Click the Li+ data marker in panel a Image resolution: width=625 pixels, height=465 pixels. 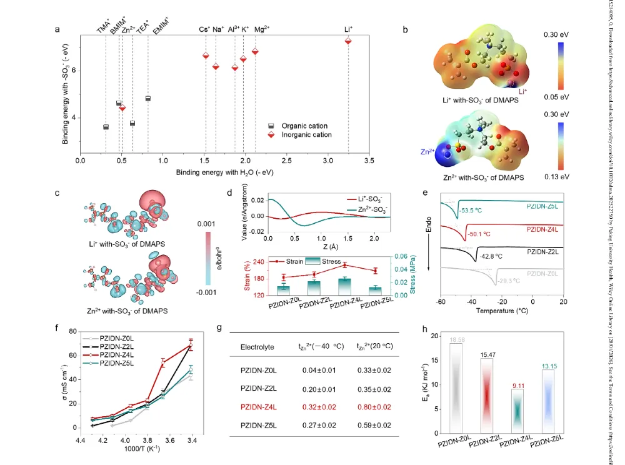(348, 41)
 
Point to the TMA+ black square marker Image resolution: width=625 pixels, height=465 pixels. (106, 127)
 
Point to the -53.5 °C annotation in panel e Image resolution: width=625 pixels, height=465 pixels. (474, 211)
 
